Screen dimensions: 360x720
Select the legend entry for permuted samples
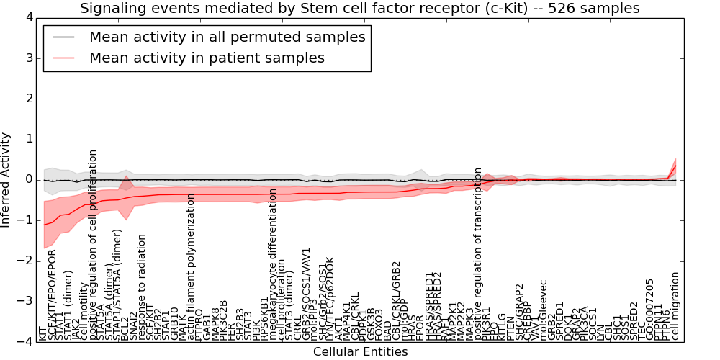coord(227,37)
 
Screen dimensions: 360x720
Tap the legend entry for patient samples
coord(207,58)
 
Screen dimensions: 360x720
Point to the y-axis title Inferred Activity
coord(6,179)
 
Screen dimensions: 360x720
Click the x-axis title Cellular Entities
coord(360,352)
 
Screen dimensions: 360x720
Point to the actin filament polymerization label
coord(191,266)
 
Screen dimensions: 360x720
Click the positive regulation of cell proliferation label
coord(93,245)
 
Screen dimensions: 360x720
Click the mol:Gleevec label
coord(544,313)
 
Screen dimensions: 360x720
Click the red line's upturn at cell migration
coord(675,166)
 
